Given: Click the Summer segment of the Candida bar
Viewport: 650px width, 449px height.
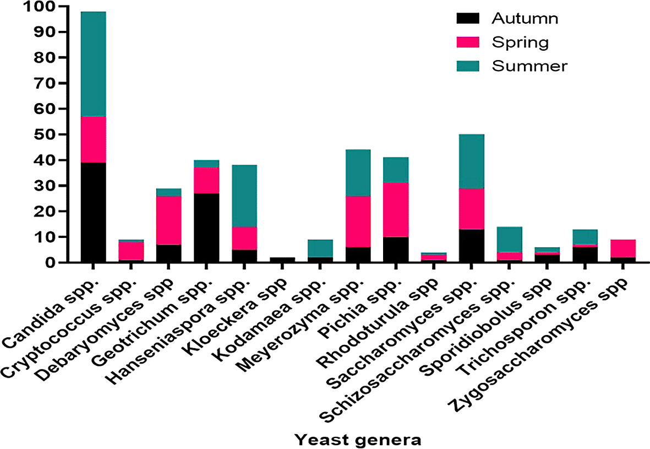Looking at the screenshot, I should point(93,63).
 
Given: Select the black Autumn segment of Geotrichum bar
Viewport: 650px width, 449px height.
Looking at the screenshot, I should point(206,228).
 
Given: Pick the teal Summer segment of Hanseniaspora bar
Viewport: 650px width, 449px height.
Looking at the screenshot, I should point(244,196).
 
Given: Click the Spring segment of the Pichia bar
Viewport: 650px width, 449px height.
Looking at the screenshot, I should point(395,210).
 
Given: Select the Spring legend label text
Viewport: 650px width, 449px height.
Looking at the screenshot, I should point(520,42).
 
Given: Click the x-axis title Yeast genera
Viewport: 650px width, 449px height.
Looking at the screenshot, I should point(358,440).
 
